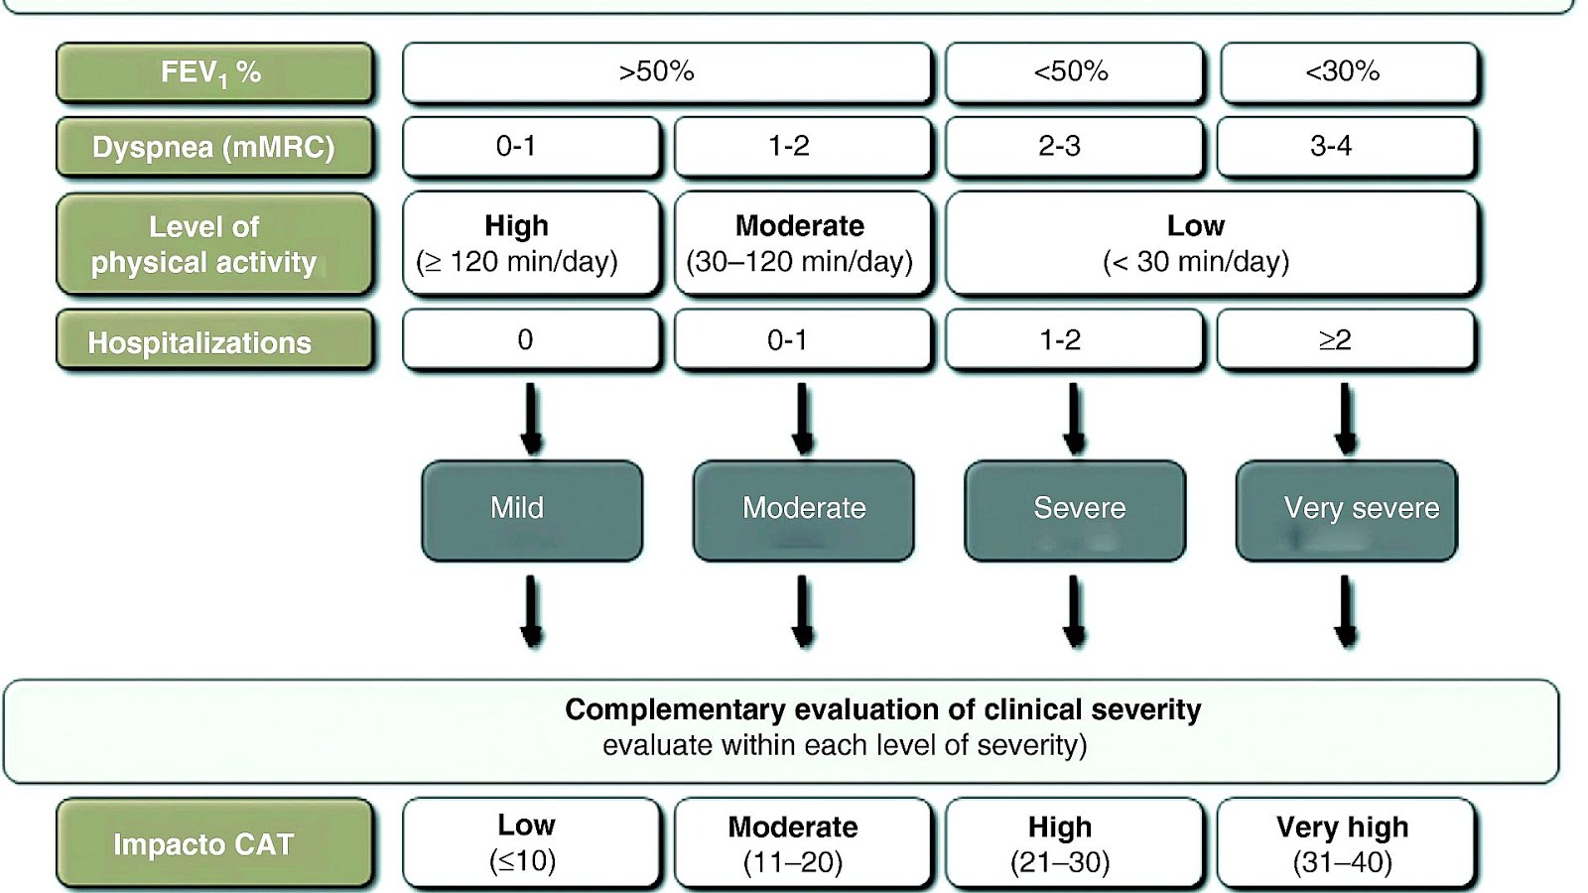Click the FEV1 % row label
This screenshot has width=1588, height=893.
pos(214,72)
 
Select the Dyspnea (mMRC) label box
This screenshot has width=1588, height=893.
pos(214,147)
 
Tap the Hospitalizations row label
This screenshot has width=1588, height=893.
pos(214,341)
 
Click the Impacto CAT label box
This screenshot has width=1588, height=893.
pos(214,843)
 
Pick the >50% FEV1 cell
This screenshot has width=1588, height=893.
pos(666,72)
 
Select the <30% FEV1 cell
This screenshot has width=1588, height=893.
pos(1349,72)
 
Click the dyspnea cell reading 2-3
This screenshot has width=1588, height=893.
pos(1074,147)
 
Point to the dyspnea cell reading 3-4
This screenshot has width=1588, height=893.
pos(1345,147)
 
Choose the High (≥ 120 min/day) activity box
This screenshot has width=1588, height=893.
pos(531,243)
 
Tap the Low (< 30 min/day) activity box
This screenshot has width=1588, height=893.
pos(1211,243)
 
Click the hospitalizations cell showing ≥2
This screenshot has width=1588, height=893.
pos(1345,340)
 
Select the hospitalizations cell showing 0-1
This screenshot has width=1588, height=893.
pos(802,340)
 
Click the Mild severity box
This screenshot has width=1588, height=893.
pos(531,510)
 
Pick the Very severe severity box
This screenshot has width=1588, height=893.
pos(1346,510)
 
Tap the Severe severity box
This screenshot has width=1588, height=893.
pos(1074,510)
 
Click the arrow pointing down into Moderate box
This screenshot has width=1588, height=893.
pos(803,419)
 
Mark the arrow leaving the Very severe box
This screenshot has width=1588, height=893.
pos(1346,611)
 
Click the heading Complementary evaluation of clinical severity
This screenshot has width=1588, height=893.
pos(881,710)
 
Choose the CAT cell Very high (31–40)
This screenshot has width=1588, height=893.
pos(1345,843)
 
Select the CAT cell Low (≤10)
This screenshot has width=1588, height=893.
pos(531,843)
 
